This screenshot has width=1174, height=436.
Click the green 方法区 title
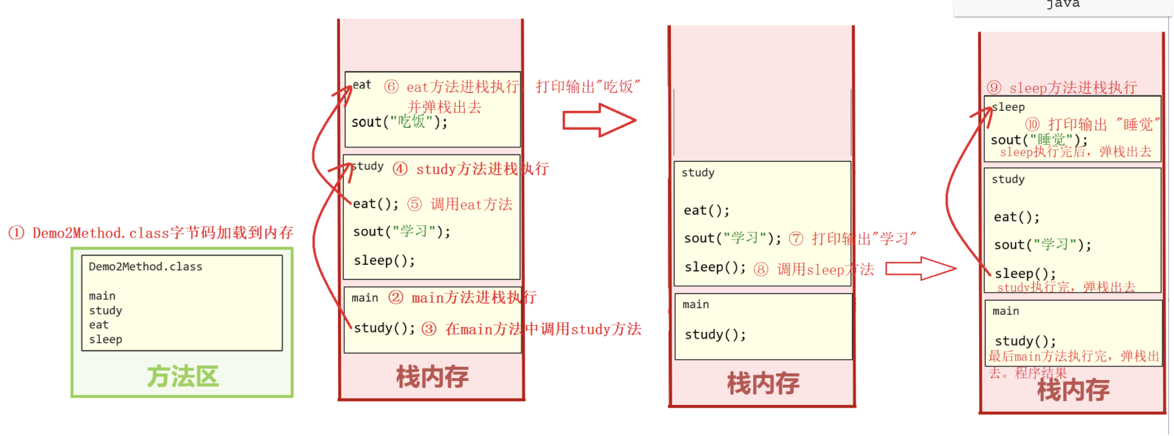[x=182, y=377]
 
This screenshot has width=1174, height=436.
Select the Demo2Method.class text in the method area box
[x=146, y=267]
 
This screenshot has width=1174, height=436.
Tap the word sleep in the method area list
[x=105, y=340]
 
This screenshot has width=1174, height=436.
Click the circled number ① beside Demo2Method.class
[x=16, y=233]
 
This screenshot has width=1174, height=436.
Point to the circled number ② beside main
[x=396, y=298]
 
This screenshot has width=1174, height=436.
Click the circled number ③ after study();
[x=429, y=329]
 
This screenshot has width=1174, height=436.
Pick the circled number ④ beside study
[x=400, y=169]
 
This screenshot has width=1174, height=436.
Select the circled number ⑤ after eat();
[x=415, y=205]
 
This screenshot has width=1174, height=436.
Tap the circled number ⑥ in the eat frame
[x=392, y=87]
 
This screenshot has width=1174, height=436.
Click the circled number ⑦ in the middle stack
[x=796, y=239]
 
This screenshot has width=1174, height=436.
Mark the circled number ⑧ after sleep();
[x=761, y=270]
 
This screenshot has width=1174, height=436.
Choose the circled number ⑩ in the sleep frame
[x=1033, y=125]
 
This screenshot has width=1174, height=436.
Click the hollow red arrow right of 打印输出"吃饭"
[x=599, y=120]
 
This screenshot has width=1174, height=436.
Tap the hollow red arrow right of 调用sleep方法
[x=920, y=269]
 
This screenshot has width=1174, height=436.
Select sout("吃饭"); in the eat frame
[x=399, y=122]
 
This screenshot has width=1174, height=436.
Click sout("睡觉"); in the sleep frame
[x=1039, y=140]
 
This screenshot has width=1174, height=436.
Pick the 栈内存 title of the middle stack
[x=763, y=384]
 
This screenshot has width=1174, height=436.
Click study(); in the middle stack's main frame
[x=715, y=335]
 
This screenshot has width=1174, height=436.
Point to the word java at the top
[x=1063, y=4]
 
